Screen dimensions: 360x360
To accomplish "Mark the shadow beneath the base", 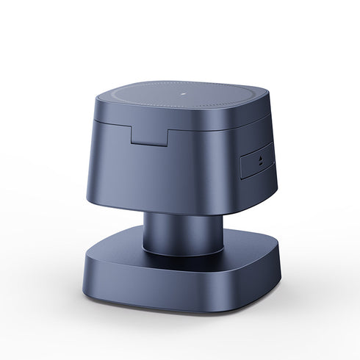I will pos(184,327).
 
